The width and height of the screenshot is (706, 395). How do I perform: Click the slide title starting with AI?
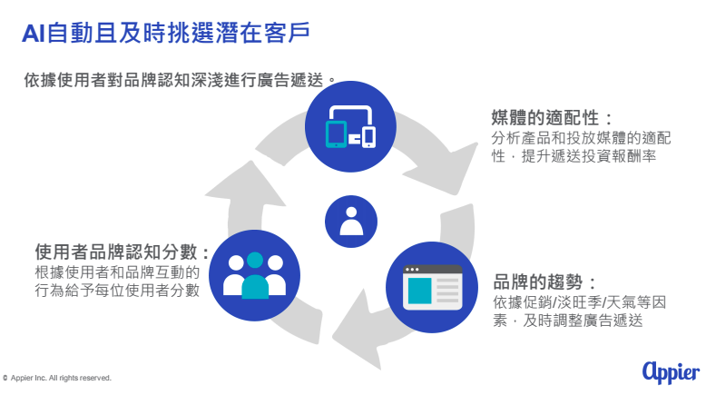pos(166,33)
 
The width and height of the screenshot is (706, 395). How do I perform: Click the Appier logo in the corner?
pos(671,372)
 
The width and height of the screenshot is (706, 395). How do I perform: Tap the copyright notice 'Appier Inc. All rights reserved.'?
pos(57,378)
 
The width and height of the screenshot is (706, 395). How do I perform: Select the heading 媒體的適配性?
pos(552,118)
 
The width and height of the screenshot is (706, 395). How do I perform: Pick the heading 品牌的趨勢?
pos(544,282)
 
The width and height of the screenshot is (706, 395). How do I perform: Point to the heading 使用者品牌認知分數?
pos(122,252)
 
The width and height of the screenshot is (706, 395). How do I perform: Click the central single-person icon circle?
pos(351,222)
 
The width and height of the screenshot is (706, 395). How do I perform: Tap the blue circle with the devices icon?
pos(350,126)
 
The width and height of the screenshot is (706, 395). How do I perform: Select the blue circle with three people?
pos(254,275)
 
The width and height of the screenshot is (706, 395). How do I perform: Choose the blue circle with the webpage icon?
pos(432,287)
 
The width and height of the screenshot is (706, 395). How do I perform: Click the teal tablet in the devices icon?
pos(336,134)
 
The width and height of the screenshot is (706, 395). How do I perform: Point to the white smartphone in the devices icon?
pos(369,137)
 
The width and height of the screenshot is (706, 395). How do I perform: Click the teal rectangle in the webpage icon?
pos(419,291)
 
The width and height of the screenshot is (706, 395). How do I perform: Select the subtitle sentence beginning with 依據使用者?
pos(180,80)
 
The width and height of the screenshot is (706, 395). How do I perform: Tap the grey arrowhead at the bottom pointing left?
pos(356,331)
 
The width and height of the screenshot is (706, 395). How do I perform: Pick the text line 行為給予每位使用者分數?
pos(117,290)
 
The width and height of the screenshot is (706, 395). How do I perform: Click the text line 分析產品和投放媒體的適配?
pos(581,138)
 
